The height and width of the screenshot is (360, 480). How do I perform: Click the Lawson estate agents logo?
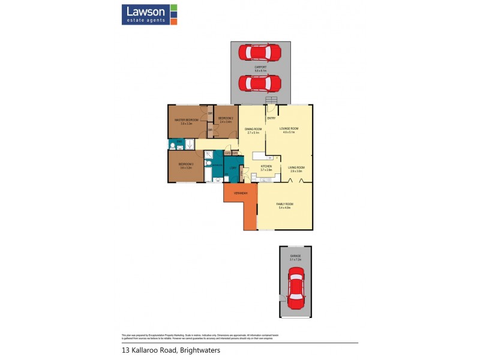click(x=149, y=14)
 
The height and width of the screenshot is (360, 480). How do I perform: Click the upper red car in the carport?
click(x=260, y=53)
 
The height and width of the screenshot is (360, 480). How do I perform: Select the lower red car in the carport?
click(x=260, y=82)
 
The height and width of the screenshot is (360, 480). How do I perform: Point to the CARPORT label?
click(x=260, y=67)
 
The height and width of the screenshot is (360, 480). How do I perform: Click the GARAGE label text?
click(x=295, y=256)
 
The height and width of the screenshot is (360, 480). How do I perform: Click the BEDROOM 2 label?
click(x=225, y=118)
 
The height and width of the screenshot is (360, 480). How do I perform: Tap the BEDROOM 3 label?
click(x=185, y=164)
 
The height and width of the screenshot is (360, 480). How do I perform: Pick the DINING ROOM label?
click(x=253, y=130)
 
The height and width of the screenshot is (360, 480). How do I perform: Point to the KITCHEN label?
click(x=266, y=166)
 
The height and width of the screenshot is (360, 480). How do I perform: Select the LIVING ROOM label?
click(x=297, y=167)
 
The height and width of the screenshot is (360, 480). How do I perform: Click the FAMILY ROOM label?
click(x=284, y=204)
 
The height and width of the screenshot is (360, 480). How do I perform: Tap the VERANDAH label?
click(x=241, y=193)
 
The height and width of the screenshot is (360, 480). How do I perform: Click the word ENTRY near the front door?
click(x=271, y=118)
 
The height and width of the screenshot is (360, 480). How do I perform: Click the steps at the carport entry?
click(x=272, y=100)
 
